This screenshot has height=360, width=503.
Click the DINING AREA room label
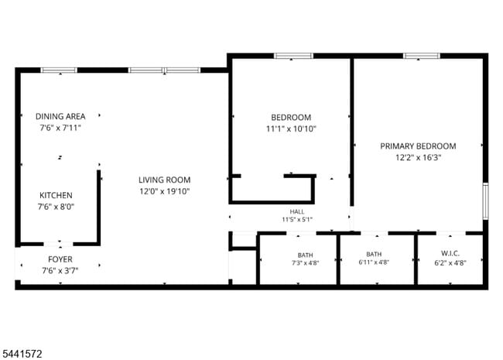coord(60,116)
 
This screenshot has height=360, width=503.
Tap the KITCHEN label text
coord(56,195)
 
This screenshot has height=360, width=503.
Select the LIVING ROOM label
coord(165,180)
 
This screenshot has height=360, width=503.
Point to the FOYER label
coord(60,259)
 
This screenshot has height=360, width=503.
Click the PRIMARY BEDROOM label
coord(418,146)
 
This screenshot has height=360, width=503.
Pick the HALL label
coord(297,211)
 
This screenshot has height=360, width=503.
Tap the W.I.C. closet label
coord(450,253)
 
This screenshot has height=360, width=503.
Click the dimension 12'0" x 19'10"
coord(165,191)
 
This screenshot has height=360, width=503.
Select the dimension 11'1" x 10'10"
coord(291,129)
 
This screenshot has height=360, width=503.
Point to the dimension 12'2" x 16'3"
coord(419,157)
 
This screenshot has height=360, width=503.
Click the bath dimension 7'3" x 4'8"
coord(305,263)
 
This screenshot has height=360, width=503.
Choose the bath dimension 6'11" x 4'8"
coord(374,262)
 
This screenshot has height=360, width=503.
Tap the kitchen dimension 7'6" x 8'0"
coord(56,207)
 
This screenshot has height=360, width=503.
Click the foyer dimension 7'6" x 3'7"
coord(60,270)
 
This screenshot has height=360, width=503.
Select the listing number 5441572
coord(22,354)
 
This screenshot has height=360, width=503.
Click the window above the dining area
coord(59,70)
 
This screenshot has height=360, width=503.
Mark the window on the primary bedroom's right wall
coord(486,201)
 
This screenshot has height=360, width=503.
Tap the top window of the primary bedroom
coord(422,56)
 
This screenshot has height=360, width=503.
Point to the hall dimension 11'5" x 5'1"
coord(297,219)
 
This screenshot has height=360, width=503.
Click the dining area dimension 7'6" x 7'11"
coord(60,128)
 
